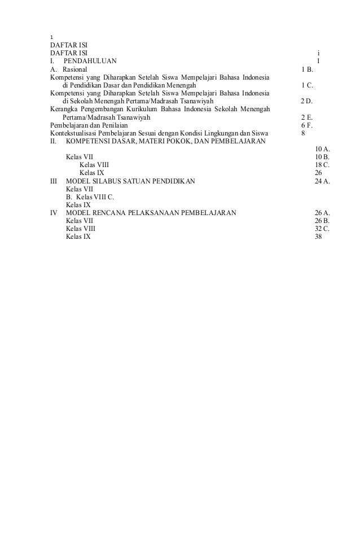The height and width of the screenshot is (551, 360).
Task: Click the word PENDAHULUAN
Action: (90, 61)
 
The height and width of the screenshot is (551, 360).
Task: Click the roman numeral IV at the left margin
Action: (54, 213)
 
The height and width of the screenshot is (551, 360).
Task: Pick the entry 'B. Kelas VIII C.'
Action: (90, 197)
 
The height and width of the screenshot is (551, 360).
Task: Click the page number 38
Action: (318, 237)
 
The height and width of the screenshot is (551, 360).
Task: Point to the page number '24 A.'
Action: (322, 181)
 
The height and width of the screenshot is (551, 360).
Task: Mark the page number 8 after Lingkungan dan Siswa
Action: (304, 133)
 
